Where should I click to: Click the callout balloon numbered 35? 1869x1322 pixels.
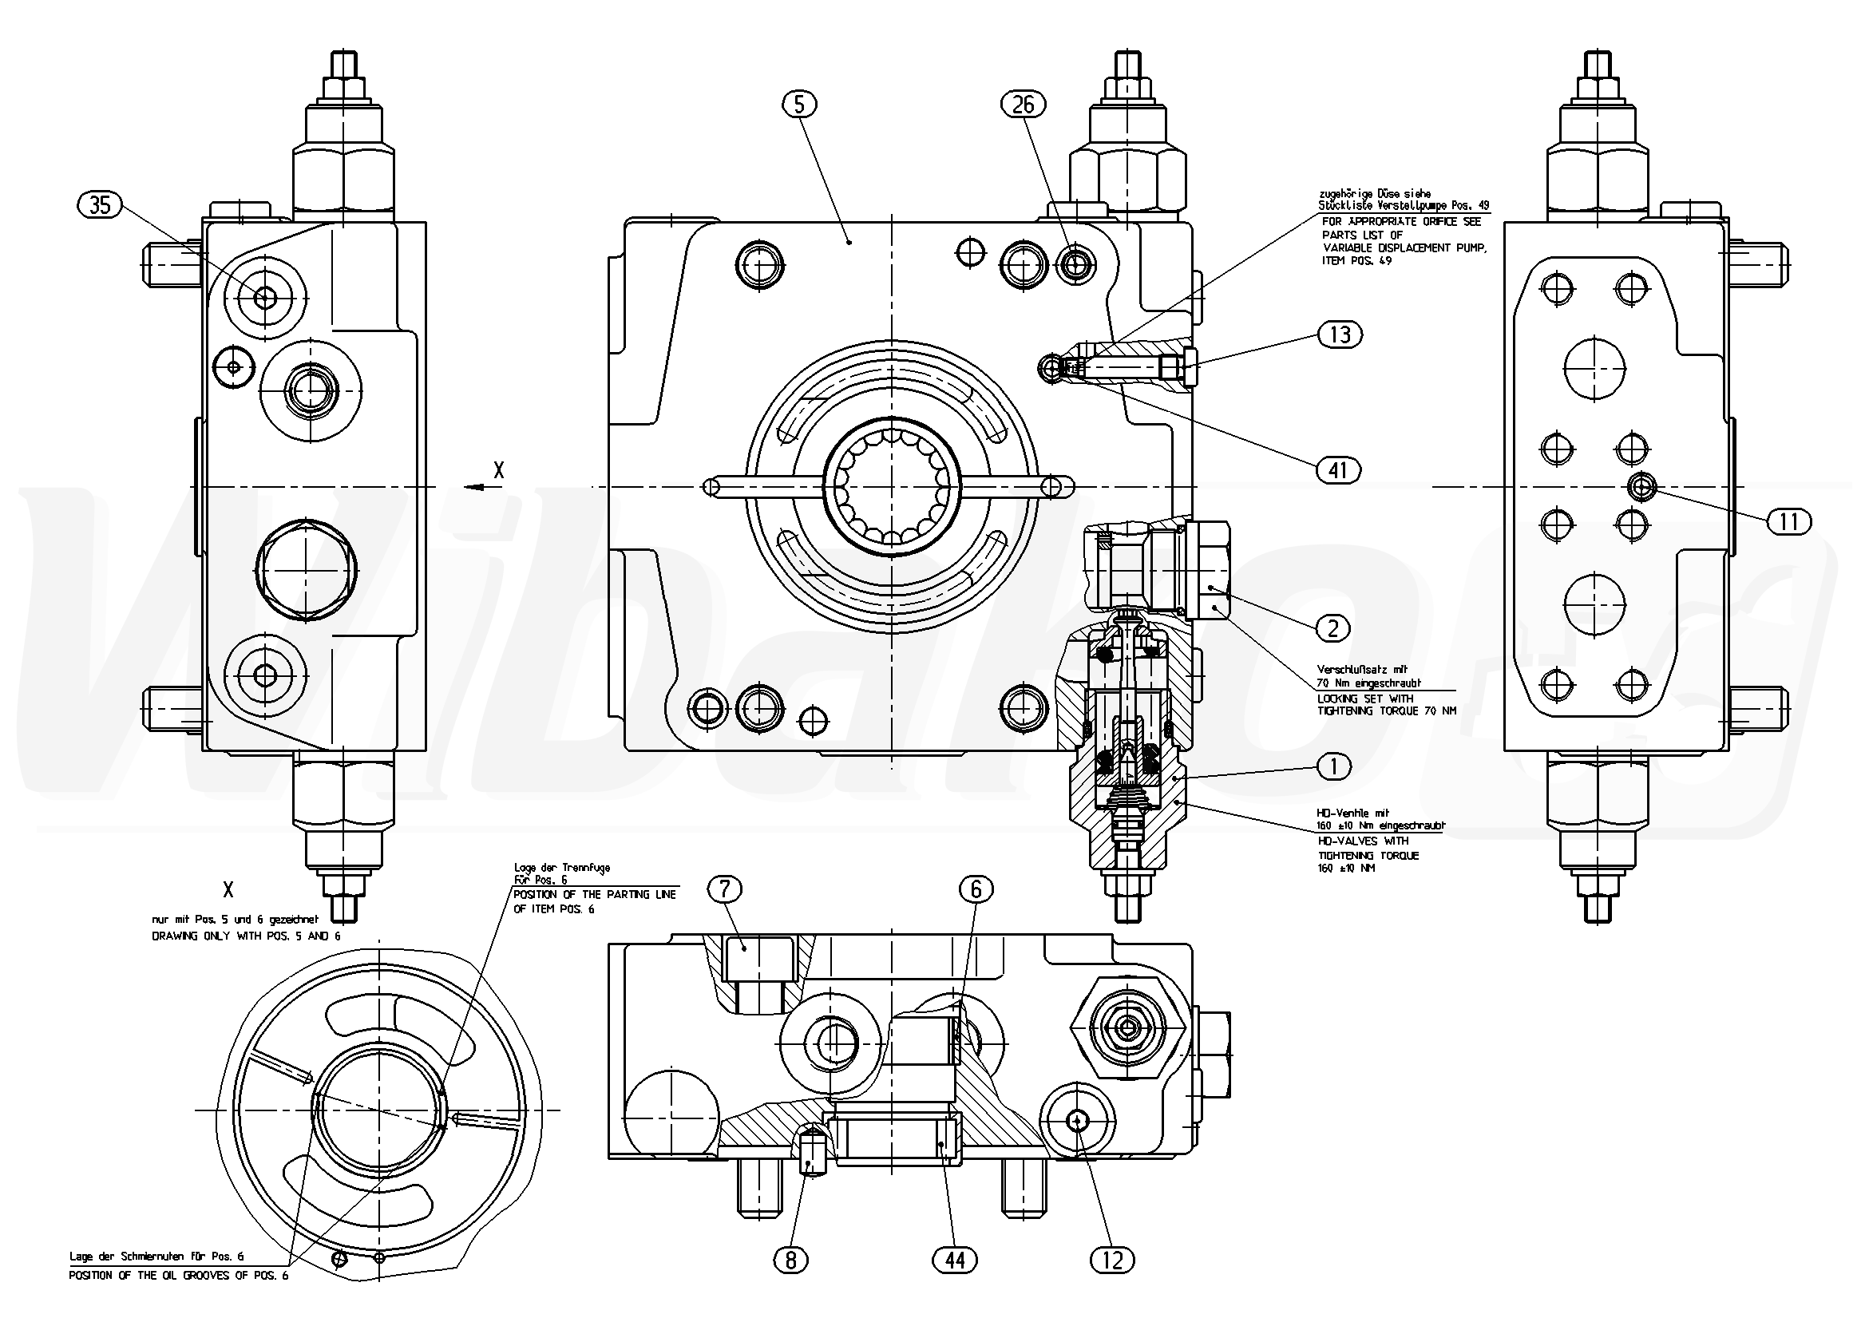100,204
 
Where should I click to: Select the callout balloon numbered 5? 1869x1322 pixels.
800,105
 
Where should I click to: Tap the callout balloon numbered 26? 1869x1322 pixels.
1024,105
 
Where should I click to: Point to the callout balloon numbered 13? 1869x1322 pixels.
1339,334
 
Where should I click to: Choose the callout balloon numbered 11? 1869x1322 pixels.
1788,521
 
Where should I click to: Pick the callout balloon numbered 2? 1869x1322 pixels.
1332,627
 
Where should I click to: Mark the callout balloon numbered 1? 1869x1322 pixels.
1333,766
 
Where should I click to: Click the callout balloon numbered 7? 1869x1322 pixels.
724,890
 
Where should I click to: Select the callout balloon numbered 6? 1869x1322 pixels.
976,890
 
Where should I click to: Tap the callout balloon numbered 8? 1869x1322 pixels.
790,1261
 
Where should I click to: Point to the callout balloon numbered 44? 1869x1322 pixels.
954,1261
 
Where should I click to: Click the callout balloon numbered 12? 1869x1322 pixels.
1112,1261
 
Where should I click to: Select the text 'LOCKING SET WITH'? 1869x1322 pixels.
1365,699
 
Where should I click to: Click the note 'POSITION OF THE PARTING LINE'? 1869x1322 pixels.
594,895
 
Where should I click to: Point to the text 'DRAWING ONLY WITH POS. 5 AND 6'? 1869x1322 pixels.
246,936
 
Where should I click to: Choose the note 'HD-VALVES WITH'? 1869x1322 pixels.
1363,841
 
